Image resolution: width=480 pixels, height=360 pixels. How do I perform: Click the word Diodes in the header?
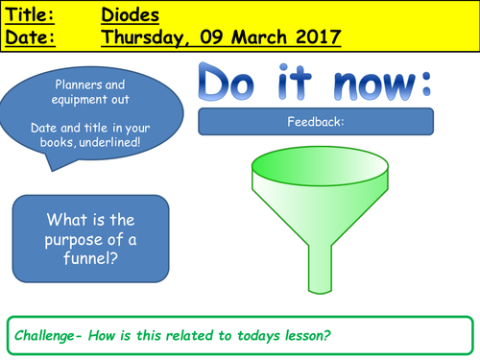click(x=132, y=15)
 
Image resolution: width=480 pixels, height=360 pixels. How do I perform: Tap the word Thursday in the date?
click(x=146, y=37)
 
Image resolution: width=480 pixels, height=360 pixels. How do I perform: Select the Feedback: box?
click(x=315, y=121)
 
